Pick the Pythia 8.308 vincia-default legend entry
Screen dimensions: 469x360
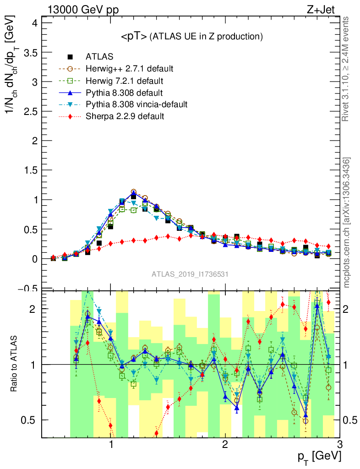pyautogui.click(x=136, y=104)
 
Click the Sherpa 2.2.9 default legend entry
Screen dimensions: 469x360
pyautogui.click(x=125, y=116)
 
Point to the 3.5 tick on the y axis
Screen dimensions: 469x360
pyautogui.click(x=29, y=52)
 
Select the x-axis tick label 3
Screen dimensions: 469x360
pyautogui.click(x=339, y=445)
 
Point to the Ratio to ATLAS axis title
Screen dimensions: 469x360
pyautogui.click(x=14, y=364)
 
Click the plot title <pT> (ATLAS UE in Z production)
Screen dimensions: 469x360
pyautogui.click(x=191, y=37)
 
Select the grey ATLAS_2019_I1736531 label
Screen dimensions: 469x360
pyautogui.click(x=190, y=274)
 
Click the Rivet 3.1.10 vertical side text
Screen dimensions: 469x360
pyautogui.click(x=346, y=69)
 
